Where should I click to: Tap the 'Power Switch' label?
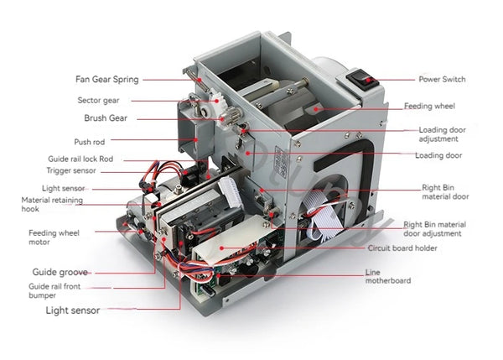[x=442, y=80]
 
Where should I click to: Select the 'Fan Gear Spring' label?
[x=106, y=80]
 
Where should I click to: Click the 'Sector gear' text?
[x=99, y=100]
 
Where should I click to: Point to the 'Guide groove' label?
[x=60, y=272]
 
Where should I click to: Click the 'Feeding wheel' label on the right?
[x=429, y=107]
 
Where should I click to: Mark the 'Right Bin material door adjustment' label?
[x=434, y=229]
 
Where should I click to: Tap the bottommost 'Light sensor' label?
[x=72, y=310]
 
